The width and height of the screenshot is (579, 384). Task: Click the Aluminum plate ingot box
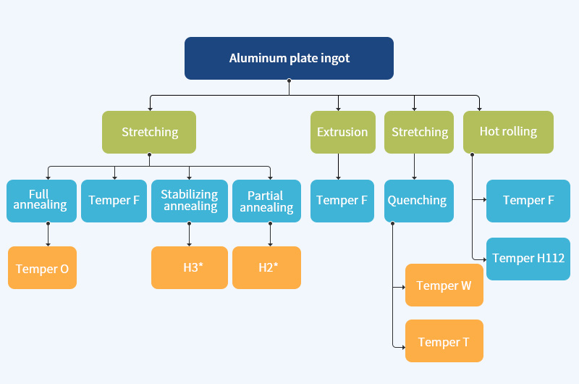[x=289, y=58]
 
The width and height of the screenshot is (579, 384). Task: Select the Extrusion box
[x=342, y=132]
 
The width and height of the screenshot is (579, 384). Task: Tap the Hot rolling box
[x=508, y=132]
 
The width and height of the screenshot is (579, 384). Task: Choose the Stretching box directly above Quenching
[x=420, y=132]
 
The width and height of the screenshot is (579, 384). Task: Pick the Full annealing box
[x=41, y=201]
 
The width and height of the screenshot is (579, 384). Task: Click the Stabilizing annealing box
[x=190, y=201]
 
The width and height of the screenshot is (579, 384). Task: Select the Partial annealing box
[x=266, y=201]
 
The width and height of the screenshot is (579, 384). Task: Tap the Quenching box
[x=418, y=201]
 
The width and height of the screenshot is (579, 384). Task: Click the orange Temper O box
[x=42, y=268]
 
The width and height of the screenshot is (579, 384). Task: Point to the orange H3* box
[x=190, y=268]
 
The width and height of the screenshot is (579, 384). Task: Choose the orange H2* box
[x=266, y=268]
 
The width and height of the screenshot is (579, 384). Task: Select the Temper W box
[x=444, y=285]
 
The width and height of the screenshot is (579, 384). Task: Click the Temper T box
[x=444, y=341]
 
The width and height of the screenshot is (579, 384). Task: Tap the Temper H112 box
[x=528, y=259]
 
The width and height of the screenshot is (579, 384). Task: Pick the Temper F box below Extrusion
[x=342, y=201]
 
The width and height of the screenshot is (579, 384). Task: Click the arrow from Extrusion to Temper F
[x=338, y=167]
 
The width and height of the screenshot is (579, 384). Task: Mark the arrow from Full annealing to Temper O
[x=48, y=235]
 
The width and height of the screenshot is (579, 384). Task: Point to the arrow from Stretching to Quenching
[x=414, y=167]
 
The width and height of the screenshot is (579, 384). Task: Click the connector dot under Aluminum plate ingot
[x=289, y=81]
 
